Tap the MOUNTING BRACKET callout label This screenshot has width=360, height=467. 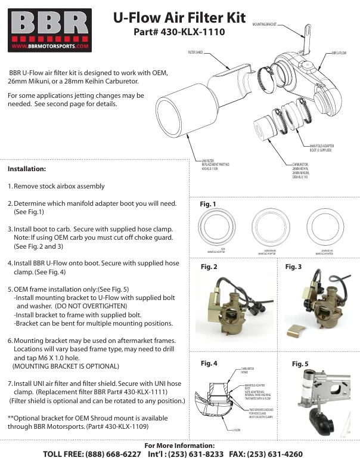[265, 24]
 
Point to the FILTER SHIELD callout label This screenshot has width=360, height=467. [195, 52]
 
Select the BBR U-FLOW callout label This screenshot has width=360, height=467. [339, 53]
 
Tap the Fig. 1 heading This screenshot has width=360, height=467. [207, 205]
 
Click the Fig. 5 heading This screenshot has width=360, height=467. [300, 363]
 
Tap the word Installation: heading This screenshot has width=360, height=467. [27, 169]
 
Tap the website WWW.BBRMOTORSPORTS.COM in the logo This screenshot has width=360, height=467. [50, 45]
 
